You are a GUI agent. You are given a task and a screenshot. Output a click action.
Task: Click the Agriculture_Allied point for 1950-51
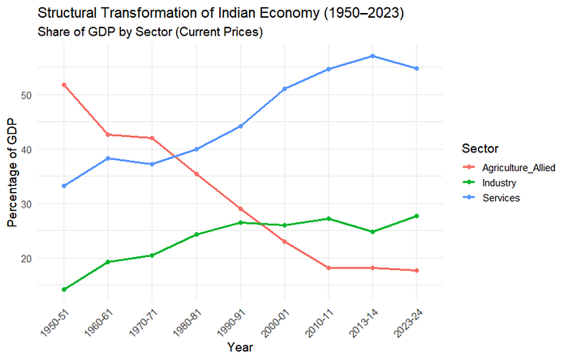(x=64, y=84)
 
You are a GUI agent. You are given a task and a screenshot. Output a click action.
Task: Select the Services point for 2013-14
(x=372, y=56)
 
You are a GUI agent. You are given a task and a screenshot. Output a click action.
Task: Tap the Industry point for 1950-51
(x=64, y=289)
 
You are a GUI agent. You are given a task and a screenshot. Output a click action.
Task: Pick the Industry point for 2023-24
(x=416, y=216)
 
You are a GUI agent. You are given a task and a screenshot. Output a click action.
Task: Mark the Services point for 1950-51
(x=64, y=186)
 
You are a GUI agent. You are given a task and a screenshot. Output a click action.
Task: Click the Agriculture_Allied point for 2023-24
(x=416, y=271)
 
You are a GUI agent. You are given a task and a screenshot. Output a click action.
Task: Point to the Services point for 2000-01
(x=284, y=88)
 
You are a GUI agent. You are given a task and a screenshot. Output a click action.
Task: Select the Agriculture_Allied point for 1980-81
(x=196, y=174)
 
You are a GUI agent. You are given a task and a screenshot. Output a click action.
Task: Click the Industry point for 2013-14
(x=372, y=232)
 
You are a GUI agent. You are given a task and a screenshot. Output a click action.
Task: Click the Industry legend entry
(x=500, y=182)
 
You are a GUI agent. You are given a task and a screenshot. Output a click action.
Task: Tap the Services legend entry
(x=501, y=198)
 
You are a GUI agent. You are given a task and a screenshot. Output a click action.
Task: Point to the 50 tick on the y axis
(x=49, y=95)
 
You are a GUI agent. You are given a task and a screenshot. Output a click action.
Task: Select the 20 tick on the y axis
(x=49, y=259)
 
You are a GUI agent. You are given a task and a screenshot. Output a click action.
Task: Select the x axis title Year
(x=239, y=347)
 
